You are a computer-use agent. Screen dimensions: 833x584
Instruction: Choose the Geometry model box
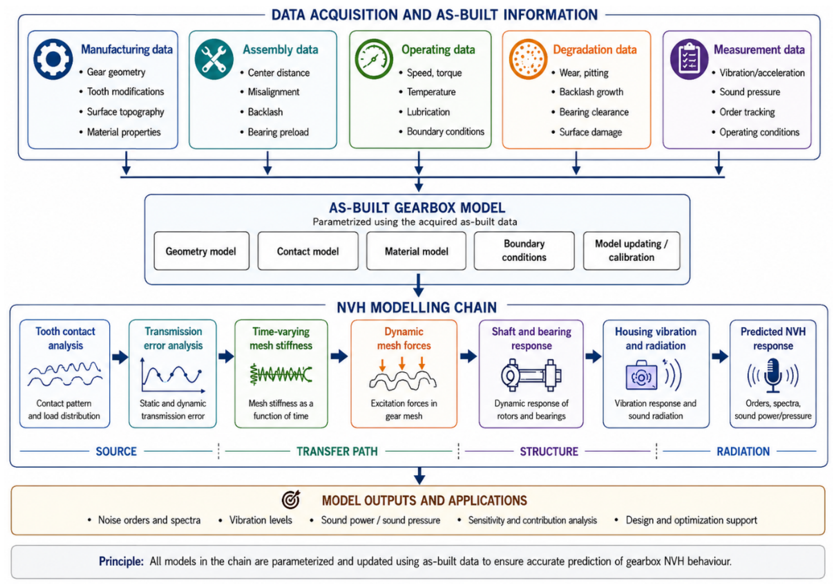(x=202, y=251)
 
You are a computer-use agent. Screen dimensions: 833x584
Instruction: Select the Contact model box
(x=308, y=251)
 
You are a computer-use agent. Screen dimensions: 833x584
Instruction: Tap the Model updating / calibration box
(x=632, y=251)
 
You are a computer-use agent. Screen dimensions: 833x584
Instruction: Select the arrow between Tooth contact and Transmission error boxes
(x=120, y=357)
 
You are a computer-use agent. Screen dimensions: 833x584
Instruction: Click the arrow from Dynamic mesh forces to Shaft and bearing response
(x=468, y=356)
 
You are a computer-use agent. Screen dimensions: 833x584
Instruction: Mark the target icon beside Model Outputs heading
(x=291, y=500)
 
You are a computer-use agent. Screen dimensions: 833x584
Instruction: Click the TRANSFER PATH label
(x=337, y=451)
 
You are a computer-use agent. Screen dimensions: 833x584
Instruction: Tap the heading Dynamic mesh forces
(x=404, y=339)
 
